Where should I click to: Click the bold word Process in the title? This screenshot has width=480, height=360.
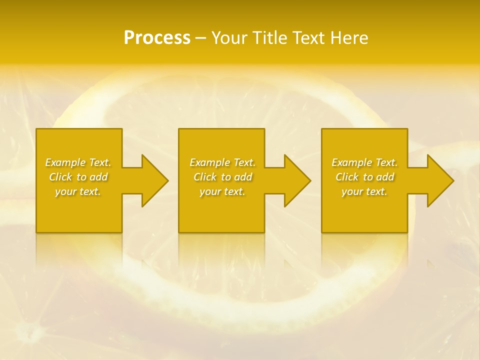[x=157, y=38]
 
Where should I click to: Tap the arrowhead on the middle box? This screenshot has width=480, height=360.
[x=296, y=180]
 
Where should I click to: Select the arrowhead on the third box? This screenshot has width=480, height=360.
[x=439, y=180]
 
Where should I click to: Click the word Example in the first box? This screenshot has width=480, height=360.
[x=65, y=162]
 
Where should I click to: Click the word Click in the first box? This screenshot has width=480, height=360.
[x=60, y=177]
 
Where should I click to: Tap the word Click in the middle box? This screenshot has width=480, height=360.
[x=205, y=177]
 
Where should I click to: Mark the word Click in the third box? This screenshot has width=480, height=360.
[x=347, y=177]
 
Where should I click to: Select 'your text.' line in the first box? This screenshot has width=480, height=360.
[x=78, y=191]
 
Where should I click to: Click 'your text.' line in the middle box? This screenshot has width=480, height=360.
[x=222, y=191]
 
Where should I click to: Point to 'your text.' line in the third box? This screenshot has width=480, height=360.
[x=364, y=191]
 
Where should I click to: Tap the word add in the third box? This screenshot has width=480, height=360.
[x=385, y=177]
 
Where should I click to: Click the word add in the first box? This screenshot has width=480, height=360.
[x=98, y=177]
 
